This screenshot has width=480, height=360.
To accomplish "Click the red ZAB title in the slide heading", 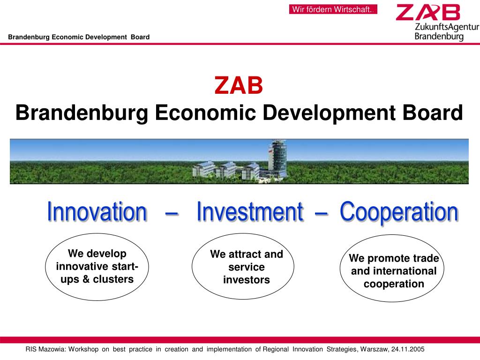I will (x=239, y=86).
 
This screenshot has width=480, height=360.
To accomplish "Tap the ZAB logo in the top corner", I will (x=427, y=13).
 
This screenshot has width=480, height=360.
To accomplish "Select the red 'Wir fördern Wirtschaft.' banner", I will (x=333, y=9).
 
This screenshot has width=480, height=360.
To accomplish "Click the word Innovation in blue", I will (x=97, y=212).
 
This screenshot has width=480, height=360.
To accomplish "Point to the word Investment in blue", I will (x=249, y=212).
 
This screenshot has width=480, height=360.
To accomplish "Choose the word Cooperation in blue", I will (x=398, y=212).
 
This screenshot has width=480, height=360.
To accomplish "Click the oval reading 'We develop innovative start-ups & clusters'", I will (x=97, y=267).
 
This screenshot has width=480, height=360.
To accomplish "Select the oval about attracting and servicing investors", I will (x=243, y=267).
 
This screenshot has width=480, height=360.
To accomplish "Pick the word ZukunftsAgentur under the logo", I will (x=446, y=27).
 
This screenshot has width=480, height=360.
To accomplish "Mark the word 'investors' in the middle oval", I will (x=247, y=280).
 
